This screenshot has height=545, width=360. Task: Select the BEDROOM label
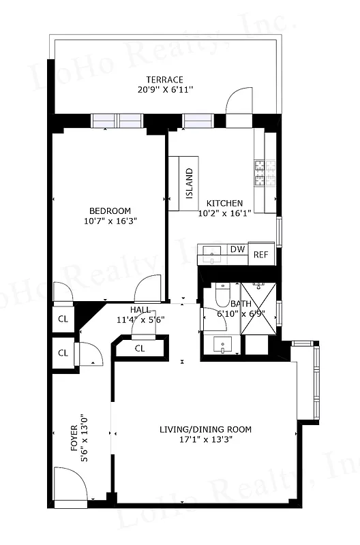pyautogui.click(x=110, y=211)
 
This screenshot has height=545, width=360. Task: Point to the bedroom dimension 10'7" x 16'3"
pyautogui.click(x=110, y=221)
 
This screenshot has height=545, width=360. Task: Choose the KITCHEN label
pyautogui.click(x=224, y=203)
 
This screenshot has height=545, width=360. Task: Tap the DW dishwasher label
pyautogui.click(x=237, y=250)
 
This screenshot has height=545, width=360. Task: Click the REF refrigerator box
pyautogui.click(x=261, y=254)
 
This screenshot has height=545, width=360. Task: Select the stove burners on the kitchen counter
pyautogui.click(x=260, y=172)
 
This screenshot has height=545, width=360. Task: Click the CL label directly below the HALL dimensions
pyautogui.click(x=140, y=348)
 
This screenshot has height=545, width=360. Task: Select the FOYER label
pyautogui.click(x=74, y=439)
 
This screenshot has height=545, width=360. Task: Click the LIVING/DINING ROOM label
pyautogui.click(x=205, y=429)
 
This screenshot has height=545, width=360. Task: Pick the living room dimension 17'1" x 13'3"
pyautogui.click(x=205, y=439)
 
